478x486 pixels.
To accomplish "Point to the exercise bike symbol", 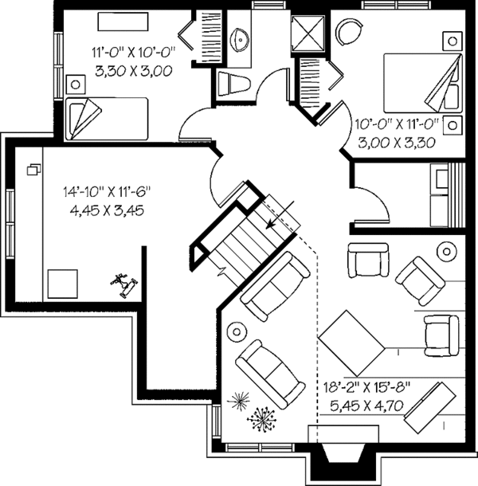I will click(122, 282).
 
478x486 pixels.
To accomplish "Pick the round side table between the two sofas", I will click(237, 328).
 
